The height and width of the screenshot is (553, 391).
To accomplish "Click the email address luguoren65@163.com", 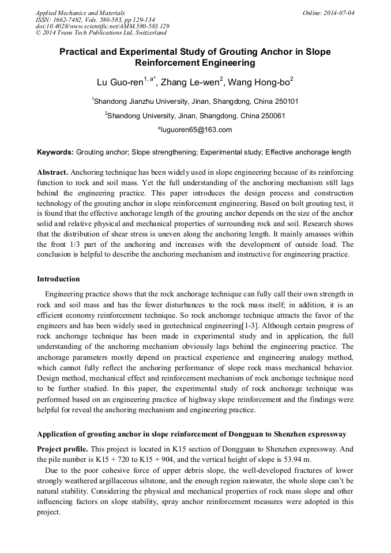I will pos(196,130).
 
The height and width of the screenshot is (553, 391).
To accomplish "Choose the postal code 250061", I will pos(272,115).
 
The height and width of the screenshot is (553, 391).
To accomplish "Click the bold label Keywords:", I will pos(55,153).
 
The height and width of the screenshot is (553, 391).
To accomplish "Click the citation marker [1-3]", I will pos(249,326).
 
